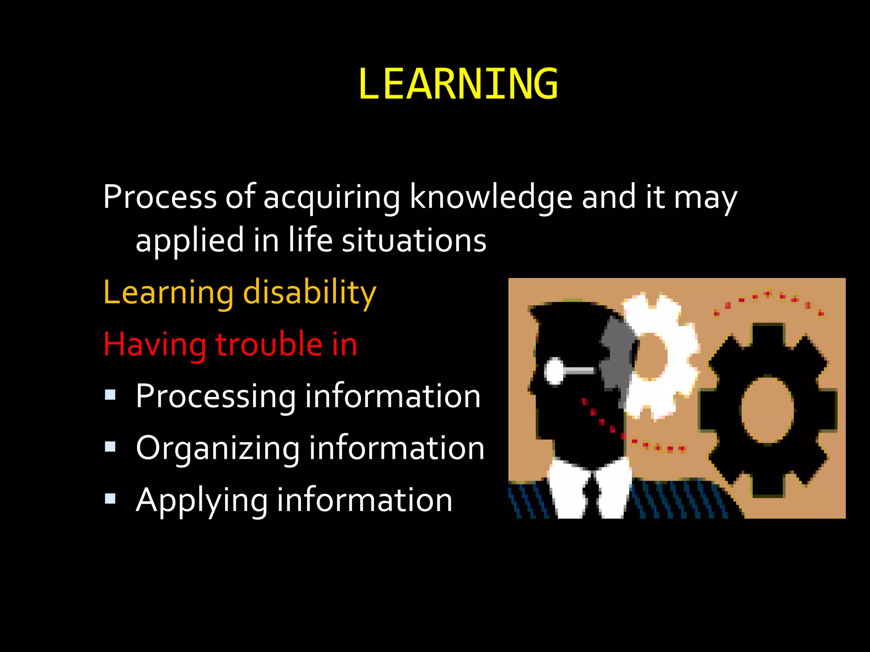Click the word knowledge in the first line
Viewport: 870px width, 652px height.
tap(491, 197)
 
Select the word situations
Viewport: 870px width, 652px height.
tap(414, 240)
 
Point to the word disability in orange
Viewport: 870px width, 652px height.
tap(309, 293)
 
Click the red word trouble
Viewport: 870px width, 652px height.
tap(269, 344)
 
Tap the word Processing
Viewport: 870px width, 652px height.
tap(215, 397)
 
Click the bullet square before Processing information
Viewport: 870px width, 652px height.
tap(110, 395)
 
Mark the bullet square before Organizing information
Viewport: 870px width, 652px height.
tap(110, 447)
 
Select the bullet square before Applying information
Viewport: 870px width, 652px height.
tap(110, 499)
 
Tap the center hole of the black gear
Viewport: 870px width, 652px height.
tap(767, 410)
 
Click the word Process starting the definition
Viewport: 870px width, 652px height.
tap(160, 197)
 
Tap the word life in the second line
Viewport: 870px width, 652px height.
tap(310, 240)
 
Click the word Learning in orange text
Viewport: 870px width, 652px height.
tap(168, 293)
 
